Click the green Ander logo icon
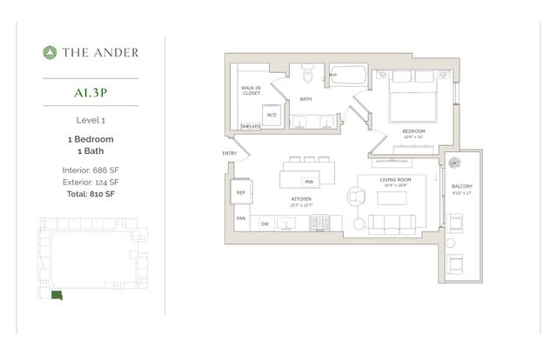50,52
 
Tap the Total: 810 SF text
91,195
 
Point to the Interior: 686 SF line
91,170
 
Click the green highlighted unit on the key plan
57,297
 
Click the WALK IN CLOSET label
252,91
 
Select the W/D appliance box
271,115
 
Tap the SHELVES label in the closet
250,125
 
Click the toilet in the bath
305,77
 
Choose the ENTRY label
229,154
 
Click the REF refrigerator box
240,192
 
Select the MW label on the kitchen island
308,182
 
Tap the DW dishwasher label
265,224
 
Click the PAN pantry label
239,219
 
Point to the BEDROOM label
414,130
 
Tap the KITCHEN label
302,199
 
